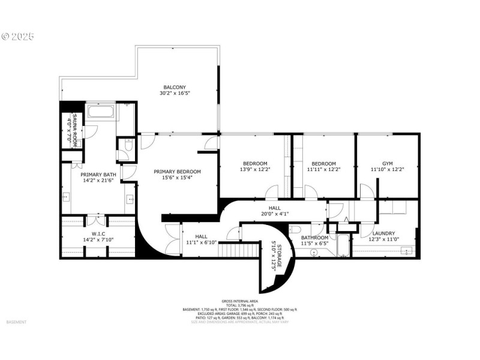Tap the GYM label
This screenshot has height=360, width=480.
point(387,163)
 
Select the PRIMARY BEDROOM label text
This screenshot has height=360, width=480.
point(177,172)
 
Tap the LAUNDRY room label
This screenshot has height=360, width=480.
point(383,233)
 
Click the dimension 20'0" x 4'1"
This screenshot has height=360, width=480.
point(275,215)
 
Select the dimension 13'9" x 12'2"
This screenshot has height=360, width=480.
point(255,170)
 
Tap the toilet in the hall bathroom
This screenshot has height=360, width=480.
point(296,230)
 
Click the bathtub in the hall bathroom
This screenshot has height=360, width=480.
point(343,246)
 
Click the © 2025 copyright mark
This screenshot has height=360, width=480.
point(18,37)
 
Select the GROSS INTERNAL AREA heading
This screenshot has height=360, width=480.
point(239,301)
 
